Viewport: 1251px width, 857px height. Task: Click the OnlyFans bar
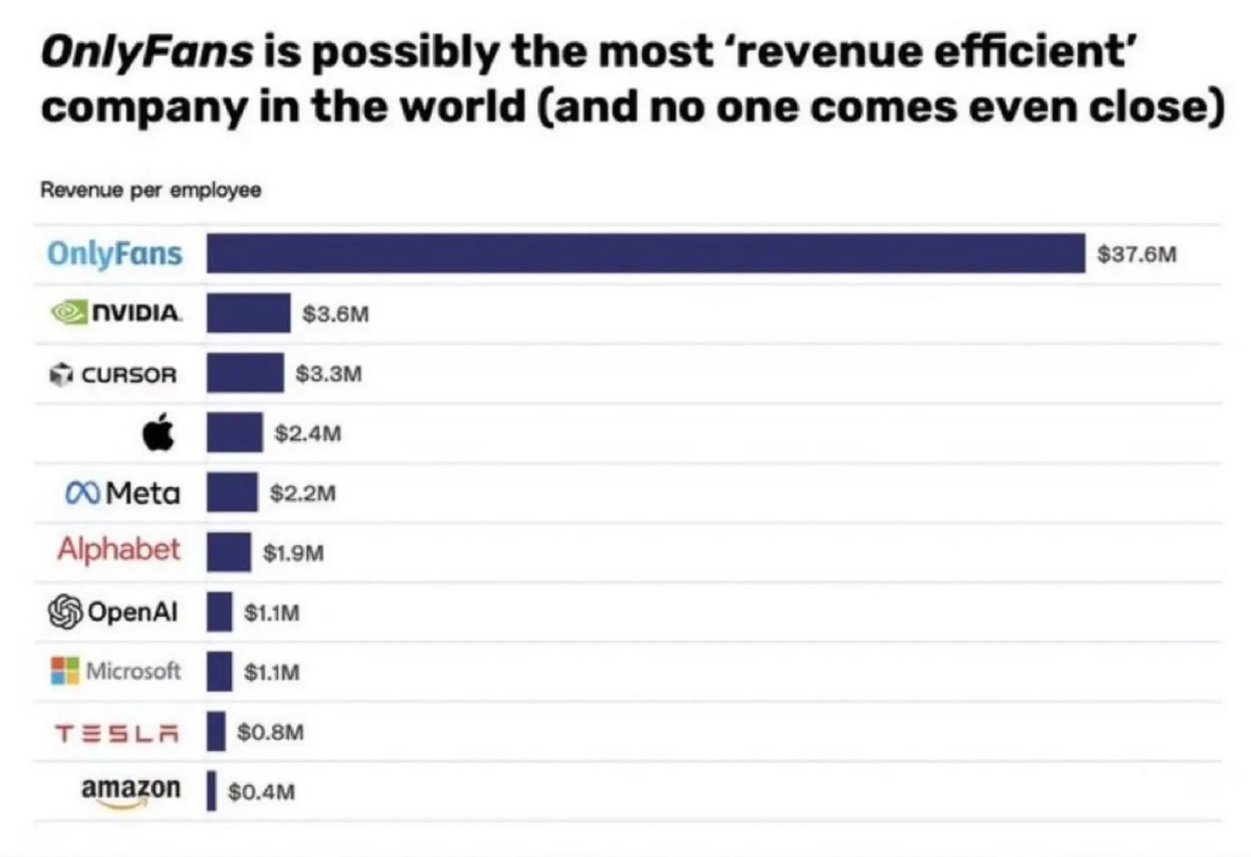point(645,253)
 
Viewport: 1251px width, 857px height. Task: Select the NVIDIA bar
point(248,313)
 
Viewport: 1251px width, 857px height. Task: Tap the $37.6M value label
point(1136,254)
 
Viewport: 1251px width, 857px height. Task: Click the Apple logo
point(158,432)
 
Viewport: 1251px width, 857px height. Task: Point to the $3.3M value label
point(328,374)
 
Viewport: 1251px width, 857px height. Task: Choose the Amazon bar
point(211,790)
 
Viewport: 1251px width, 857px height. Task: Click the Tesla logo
point(117,734)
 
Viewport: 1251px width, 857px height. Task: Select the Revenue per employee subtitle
point(151,190)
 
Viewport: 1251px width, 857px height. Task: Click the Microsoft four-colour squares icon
point(65,671)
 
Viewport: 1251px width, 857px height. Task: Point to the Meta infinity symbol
point(82,494)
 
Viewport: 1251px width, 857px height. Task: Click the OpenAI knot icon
point(65,611)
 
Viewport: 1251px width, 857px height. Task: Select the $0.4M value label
point(262,791)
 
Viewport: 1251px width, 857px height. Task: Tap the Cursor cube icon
point(61,374)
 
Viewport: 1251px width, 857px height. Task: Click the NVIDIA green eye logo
point(69,313)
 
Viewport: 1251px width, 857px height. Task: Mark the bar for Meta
point(232,492)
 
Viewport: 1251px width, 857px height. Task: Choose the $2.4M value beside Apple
point(308,433)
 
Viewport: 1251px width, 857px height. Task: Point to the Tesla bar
point(216,731)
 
